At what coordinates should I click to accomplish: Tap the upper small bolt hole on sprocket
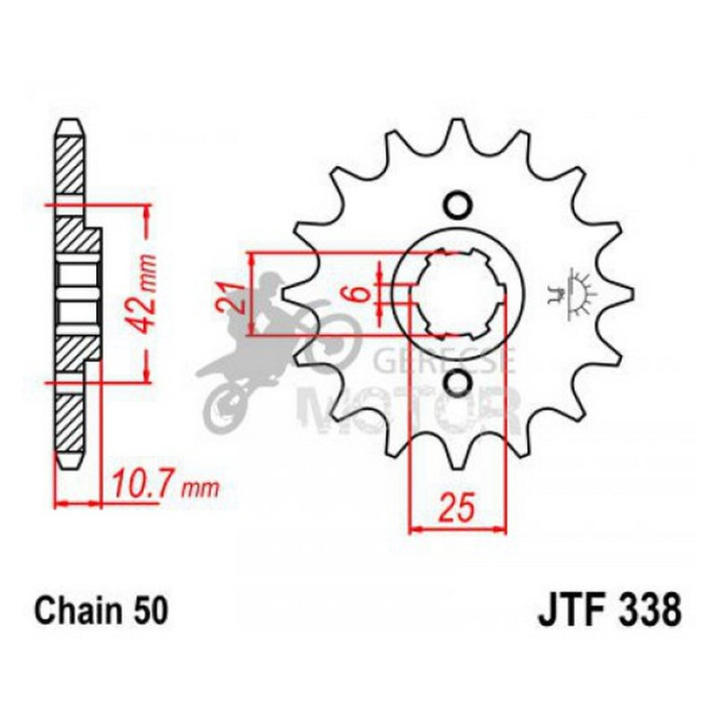click(457, 204)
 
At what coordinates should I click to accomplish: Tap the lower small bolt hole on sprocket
click(457, 382)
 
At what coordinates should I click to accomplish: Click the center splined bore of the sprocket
click(457, 294)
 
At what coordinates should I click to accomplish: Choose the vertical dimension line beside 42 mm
click(146, 294)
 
